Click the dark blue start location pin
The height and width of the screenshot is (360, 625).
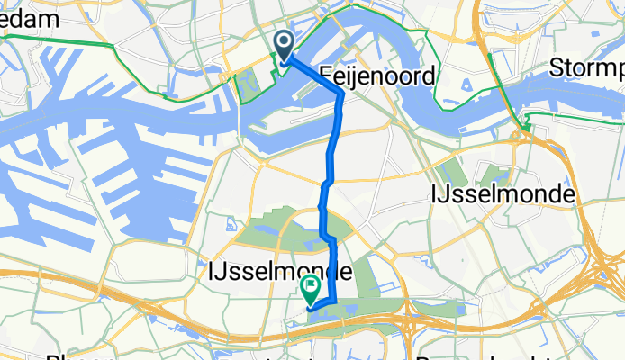click(x=285, y=47)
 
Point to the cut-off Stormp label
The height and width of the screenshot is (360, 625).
click(x=586, y=69)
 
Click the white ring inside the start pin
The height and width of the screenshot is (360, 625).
click(x=285, y=41)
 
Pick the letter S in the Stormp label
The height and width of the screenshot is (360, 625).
click(x=557, y=68)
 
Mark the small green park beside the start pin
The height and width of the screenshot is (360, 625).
click(x=247, y=85)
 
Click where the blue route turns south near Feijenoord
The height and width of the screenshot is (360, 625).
click(x=340, y=94)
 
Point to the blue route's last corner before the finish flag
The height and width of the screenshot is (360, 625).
click(x=334, y=301)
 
